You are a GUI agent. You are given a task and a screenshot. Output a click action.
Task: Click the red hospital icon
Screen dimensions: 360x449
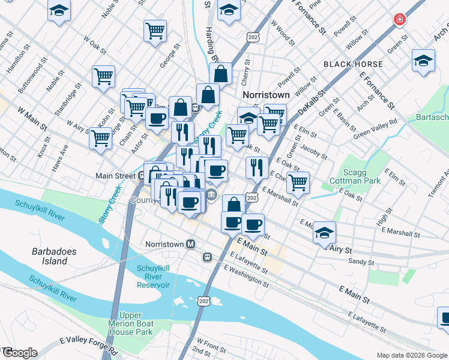point(399,20)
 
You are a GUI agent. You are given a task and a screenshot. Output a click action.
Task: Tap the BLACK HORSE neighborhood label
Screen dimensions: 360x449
point(353,64)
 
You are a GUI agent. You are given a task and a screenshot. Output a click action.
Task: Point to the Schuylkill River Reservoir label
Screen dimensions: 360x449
point(153,277)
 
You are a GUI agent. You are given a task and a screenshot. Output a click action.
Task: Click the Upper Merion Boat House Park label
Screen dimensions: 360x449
point(136,323)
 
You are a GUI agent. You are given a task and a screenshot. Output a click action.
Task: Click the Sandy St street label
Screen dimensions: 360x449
point(361,262)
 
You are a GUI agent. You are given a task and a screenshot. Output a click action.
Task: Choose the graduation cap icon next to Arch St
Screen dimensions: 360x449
point(423,61)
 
